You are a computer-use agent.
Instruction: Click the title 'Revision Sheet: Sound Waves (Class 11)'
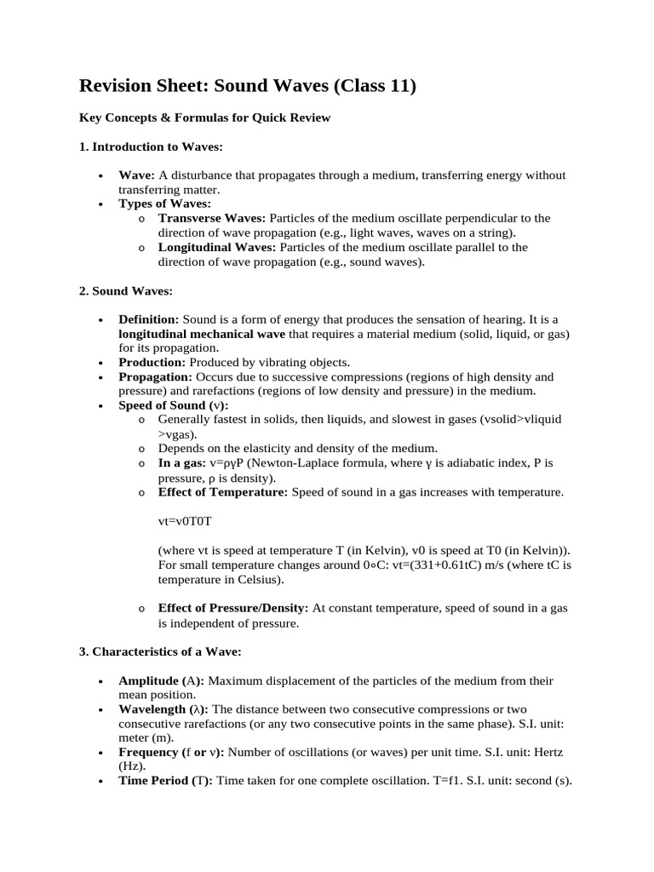click(x=247, y=86)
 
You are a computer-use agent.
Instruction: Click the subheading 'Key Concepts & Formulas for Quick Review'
click(x=204, y=118)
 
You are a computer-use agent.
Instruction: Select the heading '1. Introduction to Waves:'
click(x=151, y=146)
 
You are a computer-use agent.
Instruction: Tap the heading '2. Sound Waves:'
click(x=126, y=290)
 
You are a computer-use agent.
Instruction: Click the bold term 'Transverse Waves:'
click(x=212, y=218)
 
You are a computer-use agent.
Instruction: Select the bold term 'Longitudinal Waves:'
click(x=217, y=247)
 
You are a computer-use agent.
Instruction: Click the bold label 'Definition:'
click(x=148, y=318)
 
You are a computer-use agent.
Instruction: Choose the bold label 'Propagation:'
click(x=156, y=376)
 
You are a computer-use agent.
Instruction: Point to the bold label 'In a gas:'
click(x=182, y=463)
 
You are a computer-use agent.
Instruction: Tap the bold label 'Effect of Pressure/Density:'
click(x=234, y=608)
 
